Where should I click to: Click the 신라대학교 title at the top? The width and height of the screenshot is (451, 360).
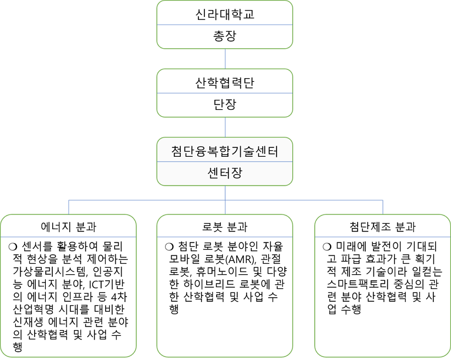[225, 14]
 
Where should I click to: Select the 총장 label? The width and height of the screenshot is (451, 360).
[225, 36]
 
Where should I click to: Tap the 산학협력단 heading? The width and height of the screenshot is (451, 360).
[225, 83]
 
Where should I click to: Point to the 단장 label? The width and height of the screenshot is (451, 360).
[225, 105]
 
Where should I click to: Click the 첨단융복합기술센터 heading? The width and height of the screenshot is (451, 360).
[225, 152]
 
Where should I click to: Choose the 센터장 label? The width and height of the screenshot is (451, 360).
[225, 173]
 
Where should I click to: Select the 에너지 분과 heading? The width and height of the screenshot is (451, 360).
[69, 227]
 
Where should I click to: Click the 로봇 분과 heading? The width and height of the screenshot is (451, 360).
[225, 227]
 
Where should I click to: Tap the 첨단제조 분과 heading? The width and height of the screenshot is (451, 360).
[382, 227]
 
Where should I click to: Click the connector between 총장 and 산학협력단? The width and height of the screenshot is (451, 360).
[225, 59]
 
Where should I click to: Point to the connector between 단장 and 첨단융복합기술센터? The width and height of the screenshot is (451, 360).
[225, 127]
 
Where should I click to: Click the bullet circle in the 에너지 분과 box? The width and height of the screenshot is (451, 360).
[13, 247]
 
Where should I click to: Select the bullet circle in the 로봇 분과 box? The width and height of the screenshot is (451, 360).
[169, 247]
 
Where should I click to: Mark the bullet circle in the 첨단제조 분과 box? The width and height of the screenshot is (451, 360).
[327, 247]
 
